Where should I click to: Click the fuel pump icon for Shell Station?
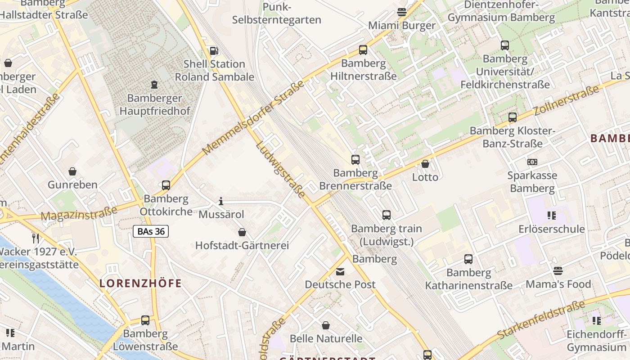(x=215, y=51)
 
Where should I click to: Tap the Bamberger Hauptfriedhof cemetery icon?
(x=154, y=85)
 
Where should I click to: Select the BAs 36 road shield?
(x=151, y=232)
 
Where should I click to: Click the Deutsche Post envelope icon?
(x=340, y=271)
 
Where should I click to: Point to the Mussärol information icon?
(x=221, y=201)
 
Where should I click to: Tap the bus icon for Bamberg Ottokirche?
(x=166, y=185)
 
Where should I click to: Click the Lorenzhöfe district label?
(x=140, y=283)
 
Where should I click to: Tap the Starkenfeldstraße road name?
(x=540, y=320)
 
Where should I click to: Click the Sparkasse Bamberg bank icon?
(x=532, y=162)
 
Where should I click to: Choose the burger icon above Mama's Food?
(x=558, y=271)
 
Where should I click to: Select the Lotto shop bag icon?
(x=425, y=164)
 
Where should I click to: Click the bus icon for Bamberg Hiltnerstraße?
(x=363, y=50)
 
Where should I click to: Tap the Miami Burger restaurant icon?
(x=402, y=12)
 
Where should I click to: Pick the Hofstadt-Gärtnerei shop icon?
(x=242, y=232)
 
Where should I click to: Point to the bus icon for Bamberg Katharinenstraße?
(x=468, y=259)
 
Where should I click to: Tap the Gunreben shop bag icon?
(x=72, y=171)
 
